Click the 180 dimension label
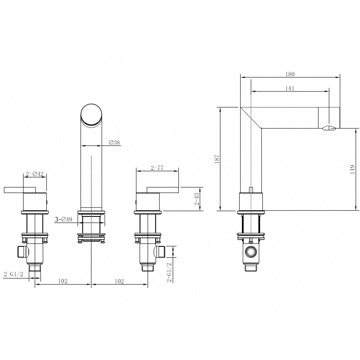[290, 74]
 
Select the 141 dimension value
[290, 88]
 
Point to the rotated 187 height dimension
[217, 159]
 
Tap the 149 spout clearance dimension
[352, 169]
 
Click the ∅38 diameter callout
[114, 142]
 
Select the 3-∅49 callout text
[64, 219]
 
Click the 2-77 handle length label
[157, 168]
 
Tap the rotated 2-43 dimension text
[197, 199]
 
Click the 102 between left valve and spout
[63, 281]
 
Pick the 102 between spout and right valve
[119, 281]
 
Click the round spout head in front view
[92, 114]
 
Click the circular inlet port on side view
[250, 252]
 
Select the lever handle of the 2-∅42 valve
[19, 189]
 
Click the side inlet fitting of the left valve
[22, 251]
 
